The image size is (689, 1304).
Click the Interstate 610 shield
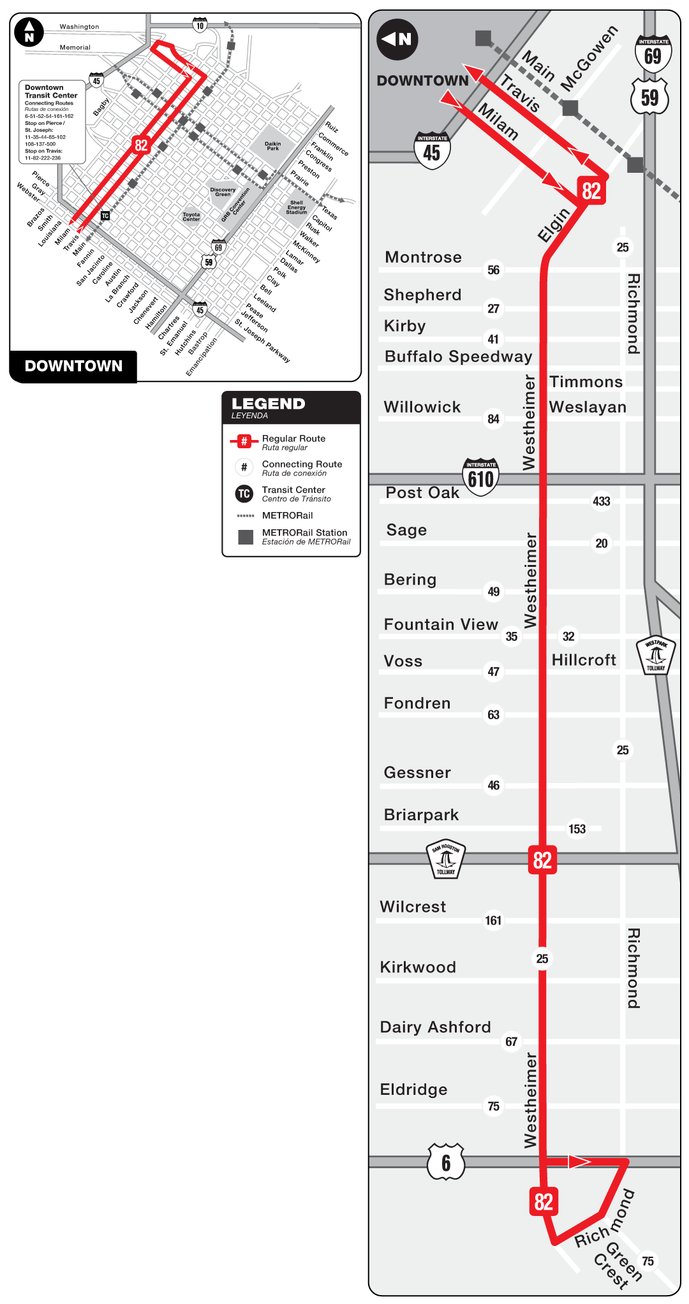coord(480,476)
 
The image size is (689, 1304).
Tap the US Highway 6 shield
coord(446,1162)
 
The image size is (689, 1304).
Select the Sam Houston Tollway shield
coord(446,858)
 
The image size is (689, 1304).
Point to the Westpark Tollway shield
coord(656,656)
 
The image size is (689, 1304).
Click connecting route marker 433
coord(601,501)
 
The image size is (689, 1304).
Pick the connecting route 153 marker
coord(577,829)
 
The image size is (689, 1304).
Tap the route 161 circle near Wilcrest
coord(493,920)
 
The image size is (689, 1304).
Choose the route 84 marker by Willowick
coord(493,419)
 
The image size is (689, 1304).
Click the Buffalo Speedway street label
coord(458,356)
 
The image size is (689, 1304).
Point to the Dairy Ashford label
coord(435,1027)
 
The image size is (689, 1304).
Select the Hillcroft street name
coord(584,660)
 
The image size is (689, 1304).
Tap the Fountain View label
coord(440,624)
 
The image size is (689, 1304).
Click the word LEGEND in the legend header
coord(268,404)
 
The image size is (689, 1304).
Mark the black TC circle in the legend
coord(244,494)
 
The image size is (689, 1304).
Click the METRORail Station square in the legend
coord(245,537)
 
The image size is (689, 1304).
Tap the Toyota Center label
coord(191,217)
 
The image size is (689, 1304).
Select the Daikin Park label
coord(272,146)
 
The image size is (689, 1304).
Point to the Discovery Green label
coord(223,192)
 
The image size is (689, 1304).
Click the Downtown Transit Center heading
coord(51,91)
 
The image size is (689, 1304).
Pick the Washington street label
coord(79,27)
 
